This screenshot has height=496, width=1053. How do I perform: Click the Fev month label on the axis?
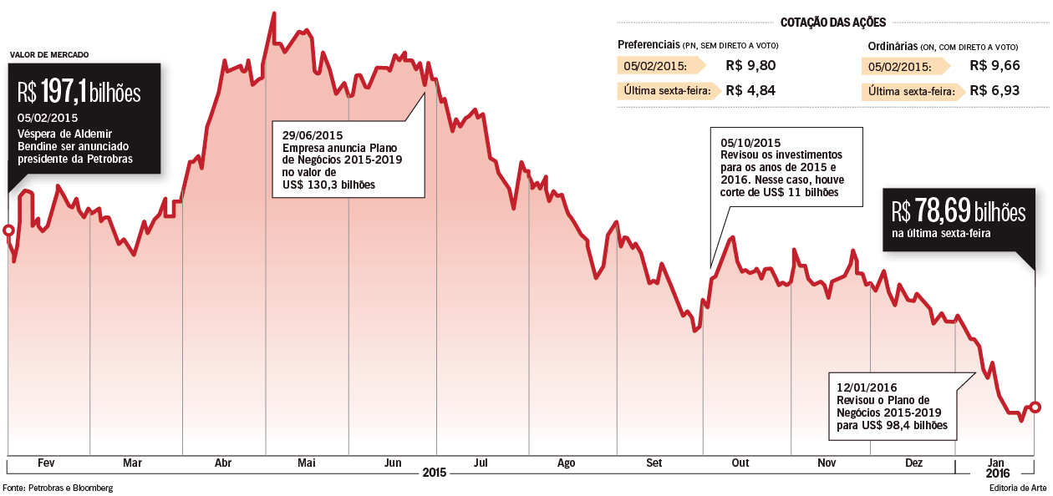click(x=46, y=463)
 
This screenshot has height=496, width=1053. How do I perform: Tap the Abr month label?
click(x=223, y=463)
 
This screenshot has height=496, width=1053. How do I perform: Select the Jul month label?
click(x=481, y=463)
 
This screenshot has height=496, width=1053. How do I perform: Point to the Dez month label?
click(x=914, y=463)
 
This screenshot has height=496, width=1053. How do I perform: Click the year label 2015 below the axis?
click(x=435, y=473)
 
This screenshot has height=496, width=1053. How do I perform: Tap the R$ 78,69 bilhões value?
click(x=957, y=211)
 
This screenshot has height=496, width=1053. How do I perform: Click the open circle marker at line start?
click(x=8, y=230)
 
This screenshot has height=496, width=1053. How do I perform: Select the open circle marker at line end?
click(x=1035, y=407)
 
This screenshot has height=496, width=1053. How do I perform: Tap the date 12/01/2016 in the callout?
click(x=867, y=387)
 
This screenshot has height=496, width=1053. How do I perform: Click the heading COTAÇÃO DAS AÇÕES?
click(x=832, y=23)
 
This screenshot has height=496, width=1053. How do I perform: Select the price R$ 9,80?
click(x=750, y=66)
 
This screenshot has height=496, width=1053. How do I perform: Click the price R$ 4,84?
click(x=750, y=90)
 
